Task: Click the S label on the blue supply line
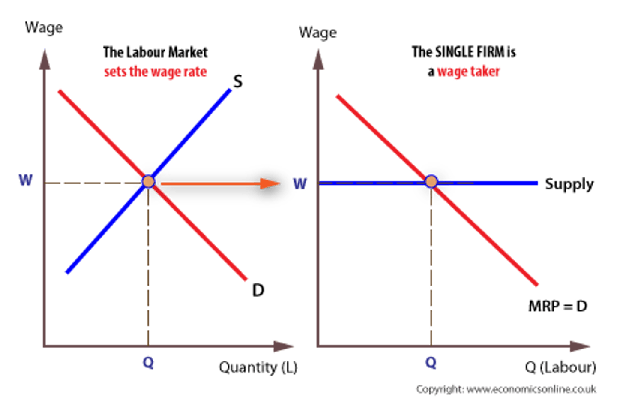237,81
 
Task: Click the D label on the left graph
258,290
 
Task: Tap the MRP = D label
557,307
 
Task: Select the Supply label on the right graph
569,184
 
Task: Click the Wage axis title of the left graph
44,28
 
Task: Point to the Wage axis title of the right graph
317,33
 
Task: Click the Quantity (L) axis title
258,367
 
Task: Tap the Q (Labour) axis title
560,367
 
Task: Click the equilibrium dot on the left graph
148,181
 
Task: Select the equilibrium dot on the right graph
431,182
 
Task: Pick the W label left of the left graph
26,180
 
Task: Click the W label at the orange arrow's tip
300,184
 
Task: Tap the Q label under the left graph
148,363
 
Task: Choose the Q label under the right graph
431,363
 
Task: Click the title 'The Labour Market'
156,52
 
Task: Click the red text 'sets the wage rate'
156,71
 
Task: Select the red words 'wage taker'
468,71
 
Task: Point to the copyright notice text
506,389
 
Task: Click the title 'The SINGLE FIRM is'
464,52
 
